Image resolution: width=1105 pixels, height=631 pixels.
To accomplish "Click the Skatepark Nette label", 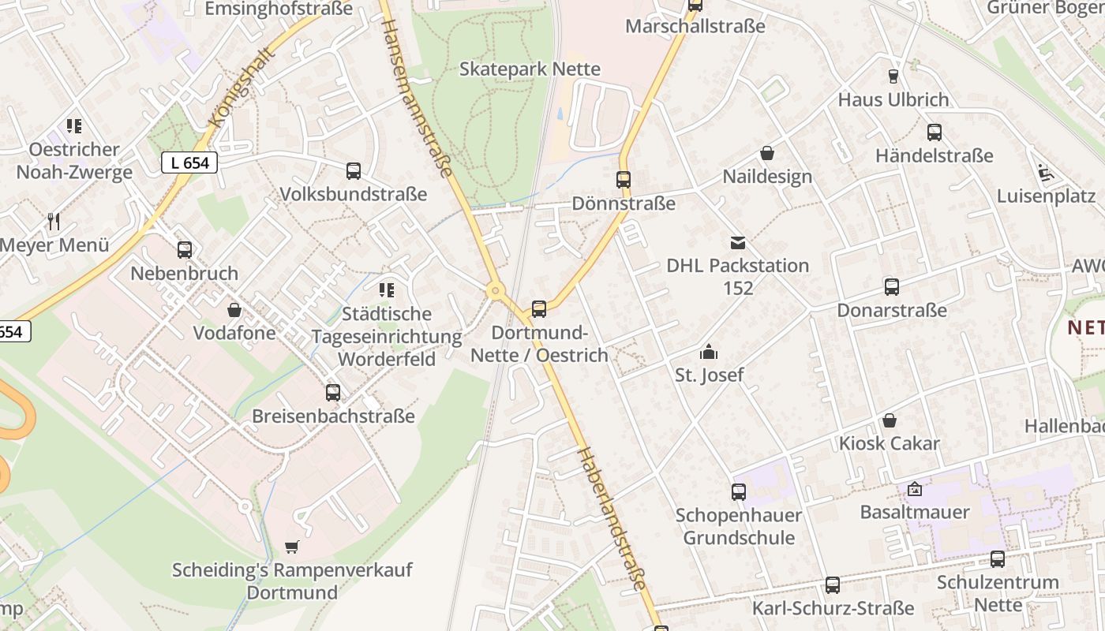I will (530, 69).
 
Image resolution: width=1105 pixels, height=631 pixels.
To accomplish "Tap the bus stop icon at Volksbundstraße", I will (354, 170).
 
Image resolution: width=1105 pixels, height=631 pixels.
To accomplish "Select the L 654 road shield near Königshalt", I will (189, 162).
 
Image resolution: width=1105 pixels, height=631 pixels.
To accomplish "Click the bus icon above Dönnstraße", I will (624, 180).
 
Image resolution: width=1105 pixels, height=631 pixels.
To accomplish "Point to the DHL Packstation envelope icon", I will (737, 242).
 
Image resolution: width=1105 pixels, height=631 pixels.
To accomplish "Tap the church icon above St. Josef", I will (709, 351).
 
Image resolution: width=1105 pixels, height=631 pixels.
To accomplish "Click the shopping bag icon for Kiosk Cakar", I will (890, 420).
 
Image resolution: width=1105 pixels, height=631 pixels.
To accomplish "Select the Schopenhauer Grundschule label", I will (739, 526).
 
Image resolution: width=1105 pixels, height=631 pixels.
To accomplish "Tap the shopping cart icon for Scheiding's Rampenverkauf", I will (292, 547).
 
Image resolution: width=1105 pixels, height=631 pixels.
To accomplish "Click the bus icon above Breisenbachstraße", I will (333, 392).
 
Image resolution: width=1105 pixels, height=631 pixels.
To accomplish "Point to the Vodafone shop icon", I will (234, 309).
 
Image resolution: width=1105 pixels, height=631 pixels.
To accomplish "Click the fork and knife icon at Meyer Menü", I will (54, 222).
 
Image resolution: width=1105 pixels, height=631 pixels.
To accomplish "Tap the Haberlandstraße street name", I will (612, 518).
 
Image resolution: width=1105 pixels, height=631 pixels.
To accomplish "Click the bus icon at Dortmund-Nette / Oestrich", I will (539, 309).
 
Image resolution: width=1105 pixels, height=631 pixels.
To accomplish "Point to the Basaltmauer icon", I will (914, 489).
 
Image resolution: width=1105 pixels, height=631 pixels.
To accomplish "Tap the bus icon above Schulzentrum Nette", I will (998, 559).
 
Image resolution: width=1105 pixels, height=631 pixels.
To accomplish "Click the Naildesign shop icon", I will (766, 153).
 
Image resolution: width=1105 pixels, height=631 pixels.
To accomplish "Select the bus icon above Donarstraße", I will (892, 287).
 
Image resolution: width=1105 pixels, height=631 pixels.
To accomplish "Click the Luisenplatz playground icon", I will (1046, 173).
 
